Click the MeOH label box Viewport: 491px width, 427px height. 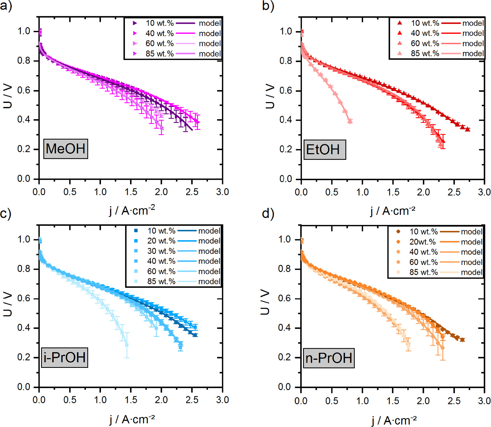pyautogui.click(x=66, y=149)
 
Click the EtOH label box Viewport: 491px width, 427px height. pyautogui.click(x=324, y=150)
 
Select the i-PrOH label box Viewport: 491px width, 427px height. pyautogui.click(x=65, y=357)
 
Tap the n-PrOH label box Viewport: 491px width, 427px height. pyautogui.click(x=329, y=358)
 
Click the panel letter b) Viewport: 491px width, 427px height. pyautogui.click(x=268, y=6)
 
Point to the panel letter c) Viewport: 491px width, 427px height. pyautogui.click(x=5, y=213)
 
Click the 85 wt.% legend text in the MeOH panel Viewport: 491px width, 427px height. pyautogui.click(x=160, y=54)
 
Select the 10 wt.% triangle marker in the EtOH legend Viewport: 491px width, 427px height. pyautogui.click(x=400, y=23)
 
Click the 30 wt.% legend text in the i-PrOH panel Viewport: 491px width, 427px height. pyautogui.click(x=161, y=251)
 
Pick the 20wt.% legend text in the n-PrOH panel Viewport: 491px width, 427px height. pyautogui.click(x=422, y=242)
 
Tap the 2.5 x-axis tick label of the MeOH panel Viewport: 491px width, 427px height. pyautogui.click(x=192, y=192)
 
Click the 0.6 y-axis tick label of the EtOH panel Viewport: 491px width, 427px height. pyautogui.click(x=286, y=91)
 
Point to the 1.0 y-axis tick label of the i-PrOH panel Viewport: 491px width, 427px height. pyautogui.click(x=24, y=240)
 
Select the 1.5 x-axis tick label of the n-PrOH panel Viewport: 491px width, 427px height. pyautogui.click(x=393, y=401)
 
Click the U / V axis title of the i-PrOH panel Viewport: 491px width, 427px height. pyautogui.click(x=8, y=304)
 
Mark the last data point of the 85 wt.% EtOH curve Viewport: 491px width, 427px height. pyautogui.click(x=350, y=121)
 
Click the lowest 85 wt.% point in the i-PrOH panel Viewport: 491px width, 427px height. pyautogui.click(x=127, y=345)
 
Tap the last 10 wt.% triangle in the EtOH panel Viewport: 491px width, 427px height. pyautogui.click(x=467, y=129)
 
